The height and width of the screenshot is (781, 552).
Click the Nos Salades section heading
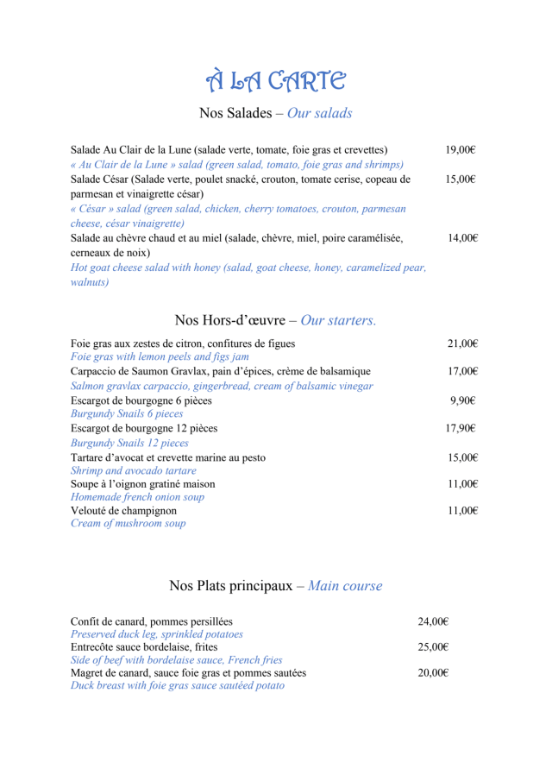[275, 113]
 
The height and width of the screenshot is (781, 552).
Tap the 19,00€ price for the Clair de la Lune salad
[461, 150]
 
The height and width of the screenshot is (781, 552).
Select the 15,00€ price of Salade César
[461, 180]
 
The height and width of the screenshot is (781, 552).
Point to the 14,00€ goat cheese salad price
[463, 238]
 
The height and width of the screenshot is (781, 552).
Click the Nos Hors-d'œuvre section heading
[275, 320]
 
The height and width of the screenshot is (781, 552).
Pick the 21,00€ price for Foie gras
[462, 343]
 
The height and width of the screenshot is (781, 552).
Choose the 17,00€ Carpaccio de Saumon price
[462, 372]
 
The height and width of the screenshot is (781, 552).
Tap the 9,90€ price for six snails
[463, 400]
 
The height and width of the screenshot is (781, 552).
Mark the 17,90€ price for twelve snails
[461, 428]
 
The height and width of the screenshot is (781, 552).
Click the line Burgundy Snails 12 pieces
[129, 443]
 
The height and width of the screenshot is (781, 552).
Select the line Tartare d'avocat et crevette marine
[168, 457]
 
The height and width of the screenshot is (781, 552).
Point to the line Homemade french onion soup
[137, 497]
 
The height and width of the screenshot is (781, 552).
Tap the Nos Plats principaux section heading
[275, 586]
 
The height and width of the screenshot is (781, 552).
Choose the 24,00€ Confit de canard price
[434, 621]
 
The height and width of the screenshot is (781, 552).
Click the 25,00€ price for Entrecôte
[434, 646]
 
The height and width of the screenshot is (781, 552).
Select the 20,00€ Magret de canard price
[434, 673]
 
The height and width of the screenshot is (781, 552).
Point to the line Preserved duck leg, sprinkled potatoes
[156, 634]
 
